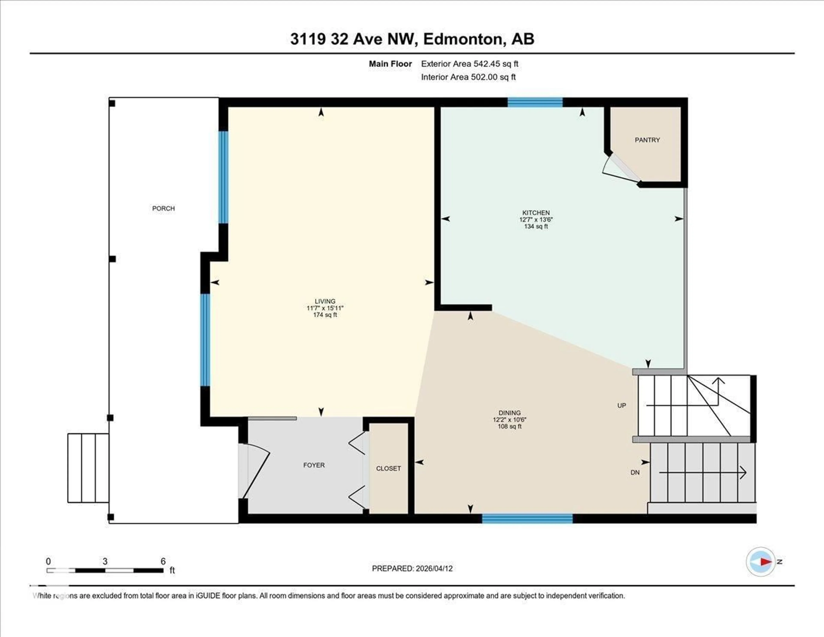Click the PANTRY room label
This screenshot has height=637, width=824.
click(x=647, y=140)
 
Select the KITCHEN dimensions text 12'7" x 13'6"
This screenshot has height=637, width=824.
click(x=536, y=219)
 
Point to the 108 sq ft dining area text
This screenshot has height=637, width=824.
click(x=509, y=426)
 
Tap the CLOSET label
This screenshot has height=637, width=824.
click(x=388, y=468)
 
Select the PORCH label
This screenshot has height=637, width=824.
click(x=163, y=208)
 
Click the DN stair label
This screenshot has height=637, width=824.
click(x=635, y=472)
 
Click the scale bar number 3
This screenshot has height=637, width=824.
click(x=105, y=561)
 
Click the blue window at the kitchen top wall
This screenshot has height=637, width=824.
click(x=535, y=102)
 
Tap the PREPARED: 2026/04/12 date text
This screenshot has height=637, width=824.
click(x=412, y=568)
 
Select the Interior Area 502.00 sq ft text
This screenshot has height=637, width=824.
click(x=468, y=77)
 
